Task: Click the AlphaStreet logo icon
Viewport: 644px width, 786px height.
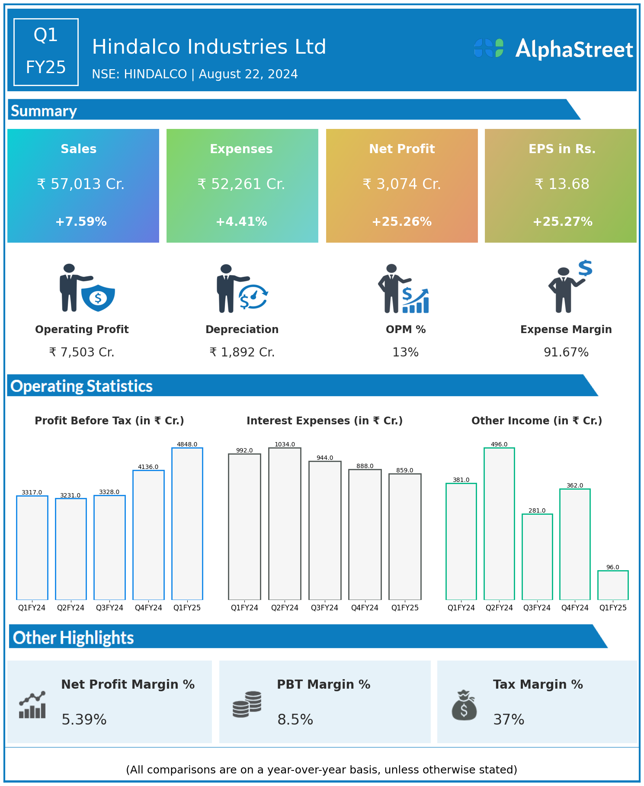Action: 489,48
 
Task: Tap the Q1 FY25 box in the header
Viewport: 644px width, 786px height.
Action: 46,52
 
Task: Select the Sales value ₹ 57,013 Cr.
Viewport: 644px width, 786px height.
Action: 81,184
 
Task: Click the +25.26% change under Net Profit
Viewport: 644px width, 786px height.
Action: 402,221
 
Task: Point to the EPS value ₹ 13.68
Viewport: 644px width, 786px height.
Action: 562,184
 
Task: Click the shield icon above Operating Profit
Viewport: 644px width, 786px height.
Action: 98,298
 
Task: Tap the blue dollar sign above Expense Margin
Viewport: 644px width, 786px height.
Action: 585,268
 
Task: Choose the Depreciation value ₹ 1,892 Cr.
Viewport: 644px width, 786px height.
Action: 242,352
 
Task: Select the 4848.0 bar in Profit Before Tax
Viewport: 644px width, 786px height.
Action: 187,523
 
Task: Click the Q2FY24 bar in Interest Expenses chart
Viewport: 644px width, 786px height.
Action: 285,523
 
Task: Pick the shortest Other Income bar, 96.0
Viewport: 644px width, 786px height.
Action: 613,585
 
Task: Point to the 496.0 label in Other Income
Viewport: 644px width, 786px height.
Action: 499,444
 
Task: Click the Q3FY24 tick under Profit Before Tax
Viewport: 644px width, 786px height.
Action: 109,608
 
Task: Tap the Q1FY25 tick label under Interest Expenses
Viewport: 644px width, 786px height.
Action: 405,608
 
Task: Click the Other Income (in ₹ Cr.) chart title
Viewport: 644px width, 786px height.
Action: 537,420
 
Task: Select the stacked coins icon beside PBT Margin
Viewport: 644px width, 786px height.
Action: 247,704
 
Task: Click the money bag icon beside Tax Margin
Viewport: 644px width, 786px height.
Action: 464,705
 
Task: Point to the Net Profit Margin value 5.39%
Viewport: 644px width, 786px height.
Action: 84,719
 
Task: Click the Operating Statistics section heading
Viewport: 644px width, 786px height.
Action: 82,386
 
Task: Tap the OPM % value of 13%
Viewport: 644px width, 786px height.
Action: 405,352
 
